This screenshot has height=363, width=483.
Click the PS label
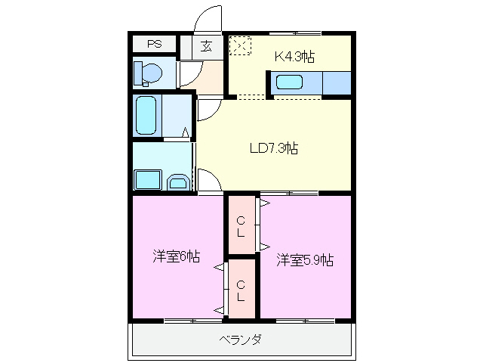tap(154, 44)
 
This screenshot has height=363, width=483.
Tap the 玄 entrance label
tap(206, 45)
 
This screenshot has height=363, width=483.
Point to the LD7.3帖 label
tap(273, 149)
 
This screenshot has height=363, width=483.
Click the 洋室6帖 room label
tap(176, 256)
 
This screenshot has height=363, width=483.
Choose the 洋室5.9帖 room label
tap(304, 260)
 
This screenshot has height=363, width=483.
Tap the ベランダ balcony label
tap(241, 340)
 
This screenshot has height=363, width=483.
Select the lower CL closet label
tap(240, 290)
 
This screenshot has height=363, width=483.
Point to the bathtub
tap(147, 114)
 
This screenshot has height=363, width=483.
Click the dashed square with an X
tap(239, 46)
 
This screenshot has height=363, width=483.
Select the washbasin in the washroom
tap(178, 181)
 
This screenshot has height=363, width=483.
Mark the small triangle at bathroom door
tap(185, 134)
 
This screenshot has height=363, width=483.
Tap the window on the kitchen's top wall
tap(296, 33)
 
